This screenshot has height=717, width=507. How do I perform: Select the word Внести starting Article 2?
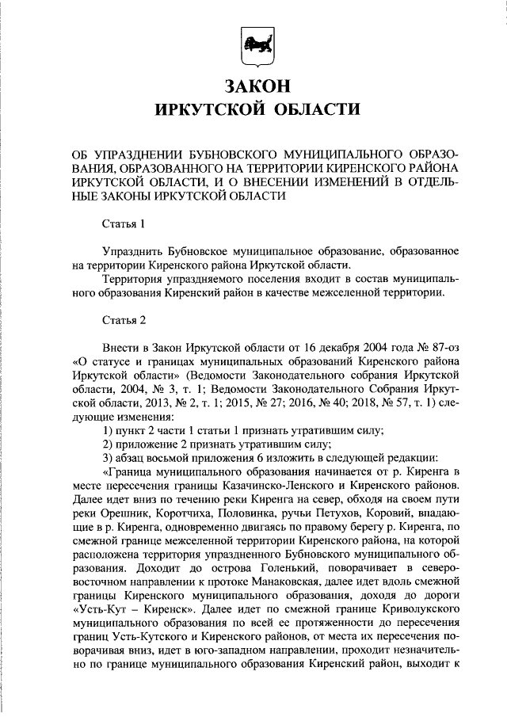(120, 348)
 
